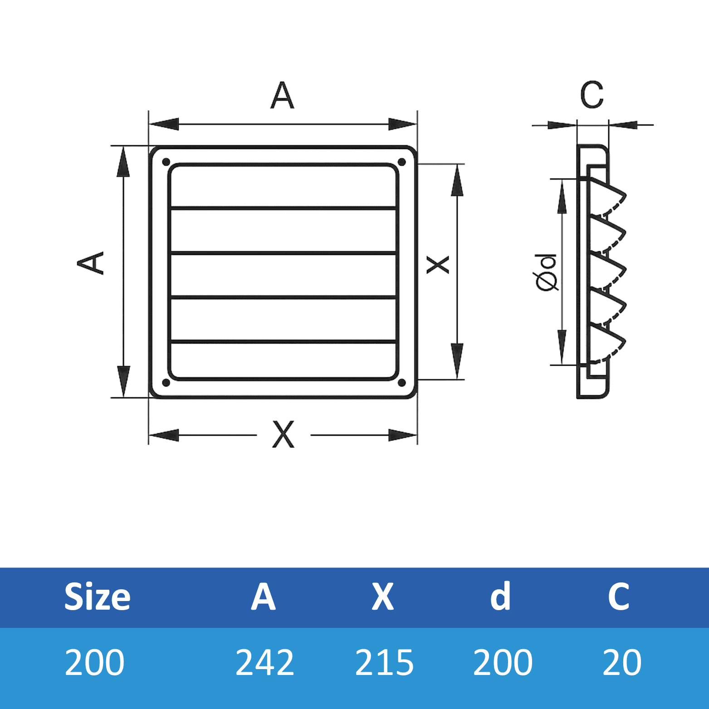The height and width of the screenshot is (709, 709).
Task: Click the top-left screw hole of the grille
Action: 166,162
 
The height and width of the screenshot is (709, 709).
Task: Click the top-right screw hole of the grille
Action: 401,162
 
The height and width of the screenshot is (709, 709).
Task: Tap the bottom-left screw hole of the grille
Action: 166,383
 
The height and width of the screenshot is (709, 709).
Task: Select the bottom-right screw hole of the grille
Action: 401,383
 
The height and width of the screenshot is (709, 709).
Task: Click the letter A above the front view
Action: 282,95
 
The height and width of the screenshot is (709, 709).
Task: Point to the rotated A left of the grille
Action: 91,263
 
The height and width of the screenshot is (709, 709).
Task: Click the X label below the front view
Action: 284,435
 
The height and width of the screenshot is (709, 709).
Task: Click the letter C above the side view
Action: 592,95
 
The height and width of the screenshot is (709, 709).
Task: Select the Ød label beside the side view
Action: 547,272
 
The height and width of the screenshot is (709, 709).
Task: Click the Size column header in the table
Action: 97,597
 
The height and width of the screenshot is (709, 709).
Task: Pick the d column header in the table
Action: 500,597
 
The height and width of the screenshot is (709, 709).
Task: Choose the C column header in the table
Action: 619,597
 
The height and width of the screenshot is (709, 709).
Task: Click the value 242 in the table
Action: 265,662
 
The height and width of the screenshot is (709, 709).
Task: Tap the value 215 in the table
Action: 384,662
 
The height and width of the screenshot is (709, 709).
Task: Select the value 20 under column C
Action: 622,662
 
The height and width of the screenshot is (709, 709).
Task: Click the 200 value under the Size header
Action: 94,662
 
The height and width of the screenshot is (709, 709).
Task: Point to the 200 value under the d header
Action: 503,662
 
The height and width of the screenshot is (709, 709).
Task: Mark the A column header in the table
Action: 264,597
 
